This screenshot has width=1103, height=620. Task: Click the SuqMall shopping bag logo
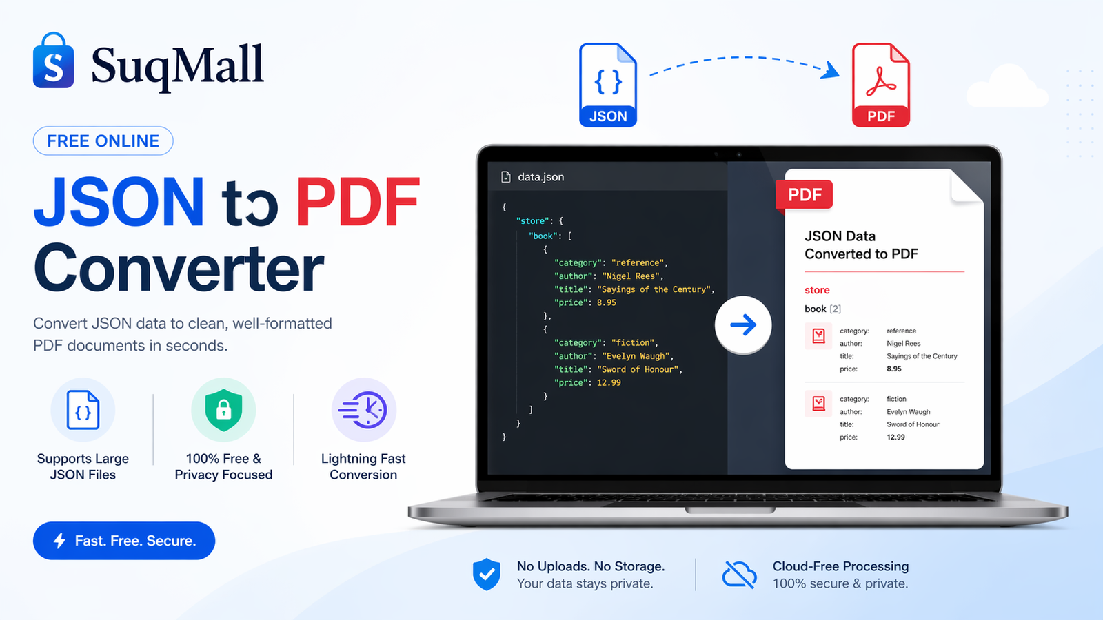[x=53, y=62]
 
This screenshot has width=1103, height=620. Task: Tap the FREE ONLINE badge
[x=103, y=141]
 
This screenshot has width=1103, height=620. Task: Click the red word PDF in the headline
[x=358, y=202]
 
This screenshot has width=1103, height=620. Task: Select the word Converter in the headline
[x=179, y=269]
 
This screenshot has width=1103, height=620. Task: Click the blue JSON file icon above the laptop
[x=607, y=85]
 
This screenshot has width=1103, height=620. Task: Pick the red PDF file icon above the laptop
[x=880, y=85]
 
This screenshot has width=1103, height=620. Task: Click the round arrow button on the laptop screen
[x=742, y=325]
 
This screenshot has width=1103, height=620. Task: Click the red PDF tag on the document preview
[x=805, y=195]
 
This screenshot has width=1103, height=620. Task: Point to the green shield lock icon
[x=223, y=410]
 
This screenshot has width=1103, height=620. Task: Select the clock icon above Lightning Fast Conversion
[x=365, y=410]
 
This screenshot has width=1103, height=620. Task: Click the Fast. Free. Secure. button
[x=124, y=541]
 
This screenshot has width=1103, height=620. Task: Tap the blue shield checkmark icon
[x=487, y=574]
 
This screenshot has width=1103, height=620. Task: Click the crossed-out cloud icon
[x=739, y=575]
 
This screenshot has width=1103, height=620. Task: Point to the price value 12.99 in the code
[x=609, y=383]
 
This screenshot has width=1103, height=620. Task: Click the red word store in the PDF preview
[x=817, y=290]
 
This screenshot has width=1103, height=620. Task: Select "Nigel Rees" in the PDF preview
[x=903, y=344]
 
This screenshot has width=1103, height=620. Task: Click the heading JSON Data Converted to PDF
[x=861, y=245]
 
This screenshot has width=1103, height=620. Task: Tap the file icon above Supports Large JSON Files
[x=83, y=410]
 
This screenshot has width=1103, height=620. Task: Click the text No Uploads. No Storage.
[x=591, y=566]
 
